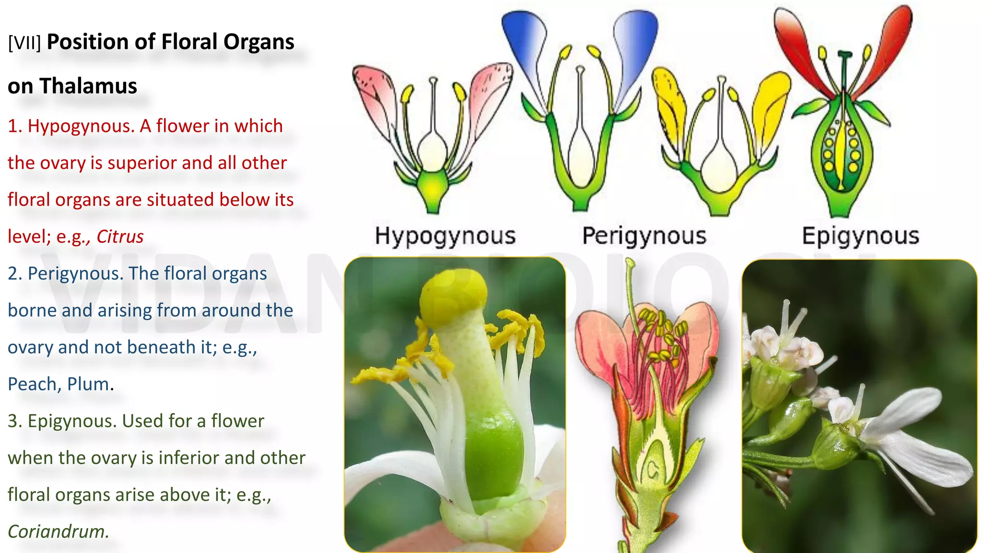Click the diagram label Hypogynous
point(445,236)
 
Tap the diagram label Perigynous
point(644,236)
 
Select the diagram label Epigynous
point(860,236)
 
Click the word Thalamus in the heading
point(88,86)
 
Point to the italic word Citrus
point(120,237)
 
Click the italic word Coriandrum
point(57,531)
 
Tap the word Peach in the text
point(35,384)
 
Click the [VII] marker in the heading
point(24,43)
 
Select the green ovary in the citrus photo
point(494,456)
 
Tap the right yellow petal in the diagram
point(770,106)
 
